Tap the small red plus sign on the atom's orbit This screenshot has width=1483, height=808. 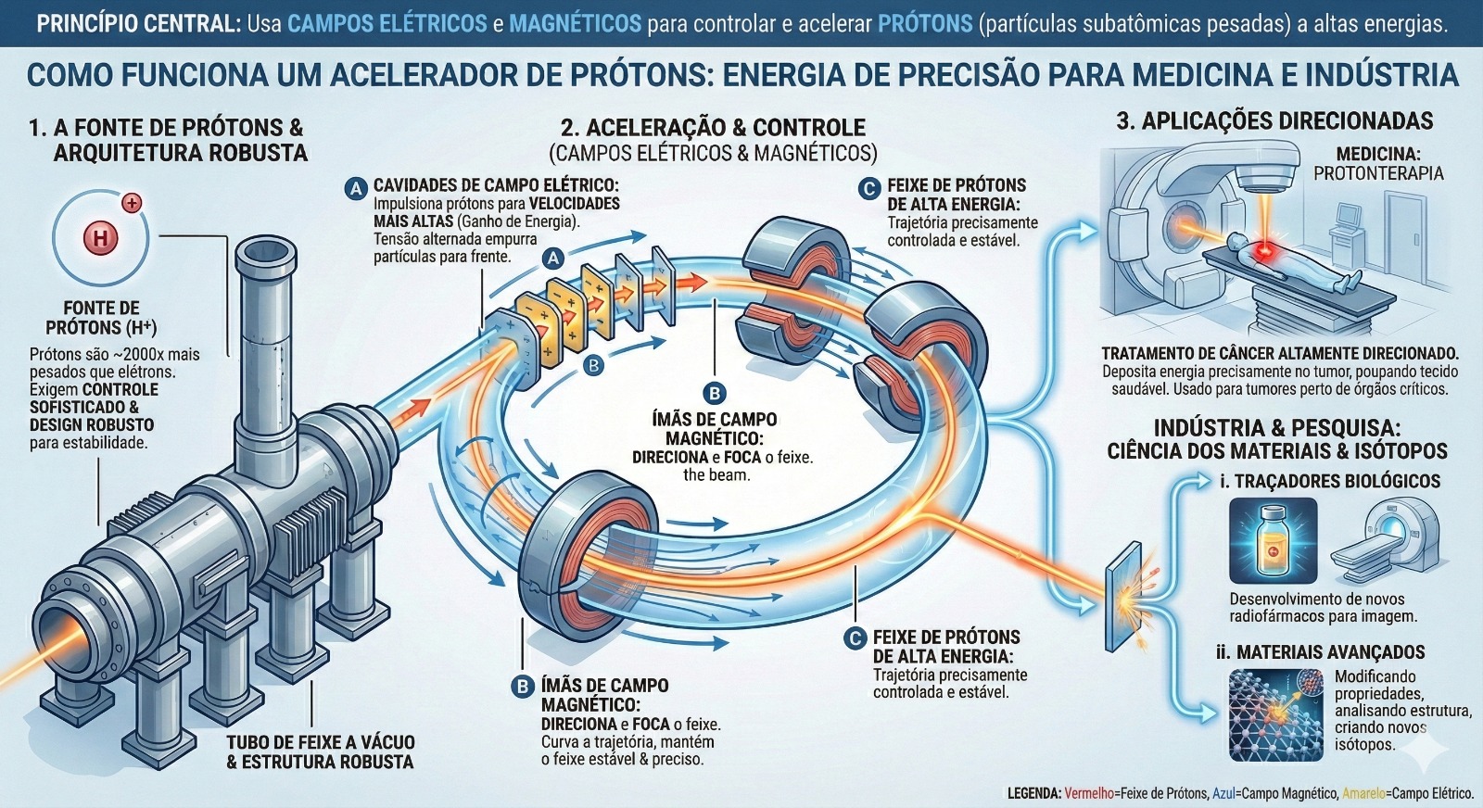tap(132, 202)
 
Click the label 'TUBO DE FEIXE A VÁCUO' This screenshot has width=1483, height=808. tap(320, 742)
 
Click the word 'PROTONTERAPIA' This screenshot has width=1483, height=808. tap(1378, 173)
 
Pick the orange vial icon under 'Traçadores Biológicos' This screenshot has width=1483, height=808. tap(1272, 542)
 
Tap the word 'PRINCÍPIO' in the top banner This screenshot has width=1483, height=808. tap(89, 24)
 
